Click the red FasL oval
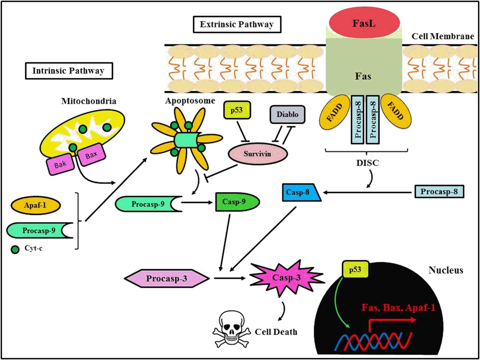pos(364,23)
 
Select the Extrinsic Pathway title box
pos(237,24)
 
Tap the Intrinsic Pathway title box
pos(69,71)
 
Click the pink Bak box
pos(60,164)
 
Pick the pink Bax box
pos(91,155)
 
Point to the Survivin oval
pos(258,154)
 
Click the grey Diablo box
pos(287,114)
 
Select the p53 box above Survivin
pos(237,110)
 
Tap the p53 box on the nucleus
pos(355,269)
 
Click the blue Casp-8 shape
pos(301,192)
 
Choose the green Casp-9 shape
pos(237,202)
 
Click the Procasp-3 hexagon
pos(166,278)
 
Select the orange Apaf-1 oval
pos(36,205)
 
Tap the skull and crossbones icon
pos(231,329)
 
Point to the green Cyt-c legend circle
pos(15,250)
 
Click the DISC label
pos(367,163)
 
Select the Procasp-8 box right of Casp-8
pos(439,192)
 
